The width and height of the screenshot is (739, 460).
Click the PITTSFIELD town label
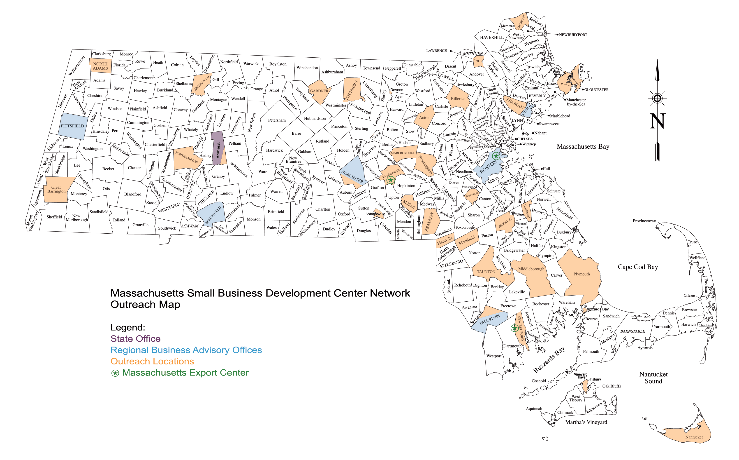(x=72, y=126)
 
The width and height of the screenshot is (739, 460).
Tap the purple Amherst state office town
(x=218, y=149)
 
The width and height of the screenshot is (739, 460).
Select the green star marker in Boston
(x=496, y=156)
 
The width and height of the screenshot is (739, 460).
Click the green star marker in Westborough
(x=390, y=180)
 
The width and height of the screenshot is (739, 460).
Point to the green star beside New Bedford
(x=514, y=328)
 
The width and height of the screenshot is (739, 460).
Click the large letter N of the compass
(x=657, y=121)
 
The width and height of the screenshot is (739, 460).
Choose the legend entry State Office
(x=136, y=339)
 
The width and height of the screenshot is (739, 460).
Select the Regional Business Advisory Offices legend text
(x=186, y=350)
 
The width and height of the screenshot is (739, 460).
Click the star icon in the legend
(x=115, y=373)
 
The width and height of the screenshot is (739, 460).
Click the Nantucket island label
(x=694, y=437)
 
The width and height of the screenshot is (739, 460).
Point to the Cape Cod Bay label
(x=637, y=267)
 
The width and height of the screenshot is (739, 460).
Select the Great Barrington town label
(x=56, y=189)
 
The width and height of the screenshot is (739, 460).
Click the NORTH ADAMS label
(x=100, y=66)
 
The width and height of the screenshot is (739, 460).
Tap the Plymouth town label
(x=581, y=274)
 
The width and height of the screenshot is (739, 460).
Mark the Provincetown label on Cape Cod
(x=644, y=221)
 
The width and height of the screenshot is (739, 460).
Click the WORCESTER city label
(x=352, y=176)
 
